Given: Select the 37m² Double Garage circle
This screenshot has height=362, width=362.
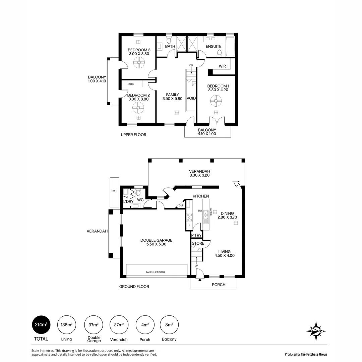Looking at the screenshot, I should point(93,324).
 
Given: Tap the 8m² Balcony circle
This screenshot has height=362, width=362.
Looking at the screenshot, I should point(170,324).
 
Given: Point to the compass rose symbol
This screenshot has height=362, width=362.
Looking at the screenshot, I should point(316,331).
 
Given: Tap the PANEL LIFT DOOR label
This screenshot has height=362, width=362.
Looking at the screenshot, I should point(156,272).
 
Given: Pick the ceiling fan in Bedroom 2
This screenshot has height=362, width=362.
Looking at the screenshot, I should point(138,108).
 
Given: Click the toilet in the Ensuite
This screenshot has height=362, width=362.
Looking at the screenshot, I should point(220,53).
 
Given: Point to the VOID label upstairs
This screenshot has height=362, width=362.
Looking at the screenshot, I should point(191,98).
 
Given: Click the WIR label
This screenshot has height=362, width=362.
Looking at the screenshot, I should point(222,66).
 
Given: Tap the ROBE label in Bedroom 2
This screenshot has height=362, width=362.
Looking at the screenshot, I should point(131,84).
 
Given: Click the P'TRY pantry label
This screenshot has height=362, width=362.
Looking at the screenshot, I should point(196,236).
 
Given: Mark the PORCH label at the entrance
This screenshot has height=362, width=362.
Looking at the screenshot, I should point(219,285).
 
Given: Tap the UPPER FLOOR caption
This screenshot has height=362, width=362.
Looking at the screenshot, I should point(133,135).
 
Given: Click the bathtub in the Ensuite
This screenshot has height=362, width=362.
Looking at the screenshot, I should point(230,47).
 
